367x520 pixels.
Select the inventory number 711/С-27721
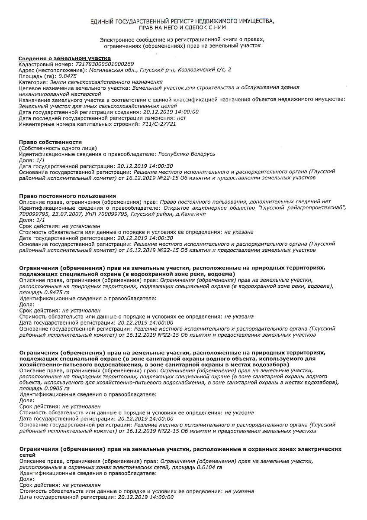(x=159, y=123)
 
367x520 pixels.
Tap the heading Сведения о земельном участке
(x=64, y=58)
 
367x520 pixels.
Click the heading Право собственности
(x=51, y=142)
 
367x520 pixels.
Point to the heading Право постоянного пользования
(x=68, y=196)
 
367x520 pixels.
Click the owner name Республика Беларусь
(x=187, y=154)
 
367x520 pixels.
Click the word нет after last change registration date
(x=181, y=117)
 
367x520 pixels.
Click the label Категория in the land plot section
(x=33, y=81)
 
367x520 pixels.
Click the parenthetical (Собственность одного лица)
(x=58, y=148)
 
